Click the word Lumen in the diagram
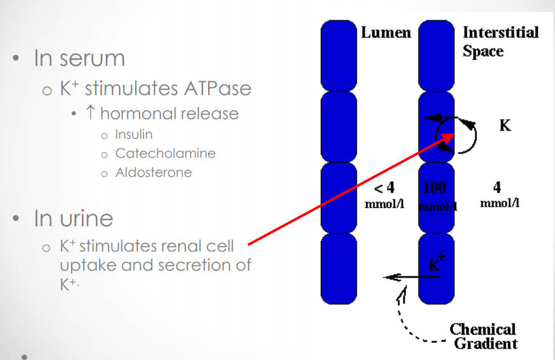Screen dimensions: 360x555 (x=386, y=32)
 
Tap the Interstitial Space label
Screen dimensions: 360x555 (x=500, y=41)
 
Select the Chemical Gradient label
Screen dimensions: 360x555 (x=483, y=337)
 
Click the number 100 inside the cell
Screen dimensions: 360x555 (x=434, y=187)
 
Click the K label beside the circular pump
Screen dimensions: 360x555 (x=505, y=125)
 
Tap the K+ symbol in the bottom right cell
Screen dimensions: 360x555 (x=436, y=262)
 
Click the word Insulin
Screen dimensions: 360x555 (x=134, y=134)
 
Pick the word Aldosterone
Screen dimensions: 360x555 (x=153, y=172)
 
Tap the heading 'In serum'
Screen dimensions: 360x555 (x=79, y=58)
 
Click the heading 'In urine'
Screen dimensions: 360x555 (x=74, y=219)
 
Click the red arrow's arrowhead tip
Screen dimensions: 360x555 (x=453, y=134)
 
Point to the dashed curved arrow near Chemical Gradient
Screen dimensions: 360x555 (x=406, y=317)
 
